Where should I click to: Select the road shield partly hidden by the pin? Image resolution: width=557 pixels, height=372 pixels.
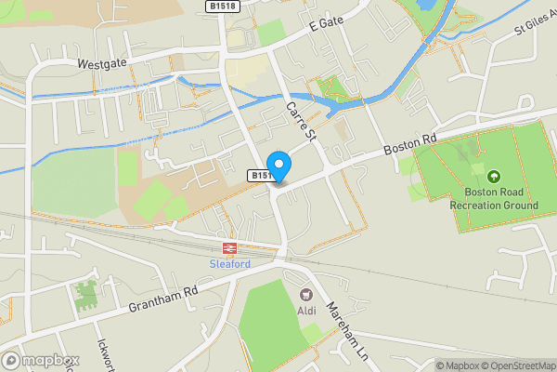[x=261, y=175]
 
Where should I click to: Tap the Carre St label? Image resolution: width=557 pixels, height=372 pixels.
[x=302, y=122]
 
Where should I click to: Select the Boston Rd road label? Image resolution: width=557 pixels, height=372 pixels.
[x=410, y=142]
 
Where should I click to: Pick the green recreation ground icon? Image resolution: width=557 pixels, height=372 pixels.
[x=493, y=176]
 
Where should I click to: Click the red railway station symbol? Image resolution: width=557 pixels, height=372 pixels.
[x=229, y=247]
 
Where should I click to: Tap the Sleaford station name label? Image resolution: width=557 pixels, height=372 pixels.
[x=228, y=263]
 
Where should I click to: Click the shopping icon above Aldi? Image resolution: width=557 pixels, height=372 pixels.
[x=306, y=294]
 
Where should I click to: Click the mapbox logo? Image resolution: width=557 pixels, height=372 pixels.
[x=40, y=360]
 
